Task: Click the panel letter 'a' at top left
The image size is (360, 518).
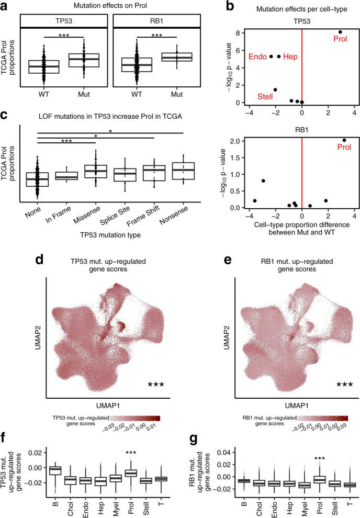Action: [4, 6]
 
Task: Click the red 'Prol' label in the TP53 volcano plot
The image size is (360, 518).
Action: [341, 38]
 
